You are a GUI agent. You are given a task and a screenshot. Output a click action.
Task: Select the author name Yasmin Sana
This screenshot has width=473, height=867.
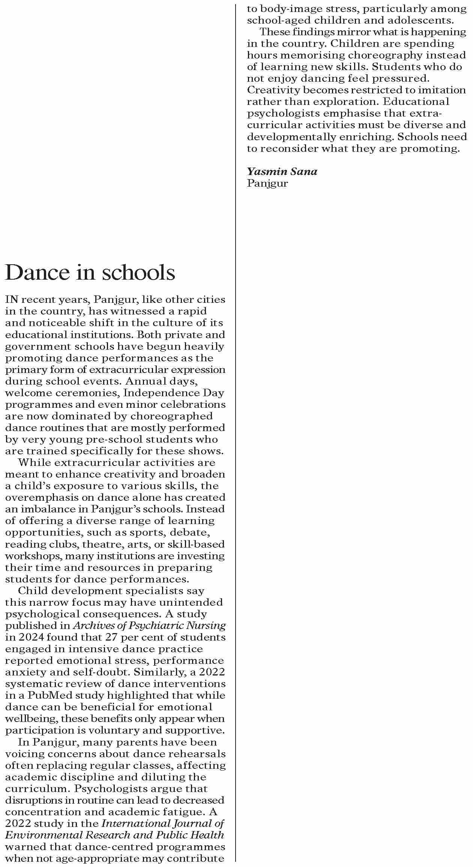(x=282, y=172)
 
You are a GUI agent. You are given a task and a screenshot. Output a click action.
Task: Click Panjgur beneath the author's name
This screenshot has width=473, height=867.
(x=267, y=183)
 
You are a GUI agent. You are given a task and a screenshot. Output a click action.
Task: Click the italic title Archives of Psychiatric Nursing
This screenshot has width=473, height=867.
(x=149, y=626)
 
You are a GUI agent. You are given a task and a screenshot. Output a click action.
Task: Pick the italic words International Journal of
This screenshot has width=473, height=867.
(x=163, y=824)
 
